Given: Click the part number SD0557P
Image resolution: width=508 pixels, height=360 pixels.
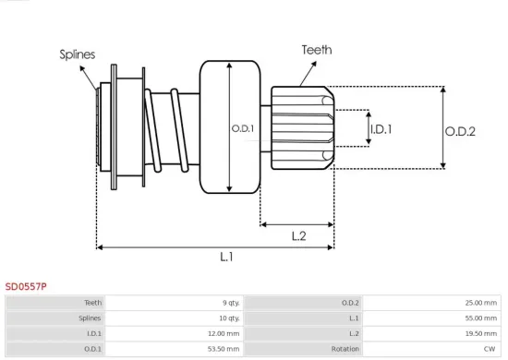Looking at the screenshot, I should [26, 286].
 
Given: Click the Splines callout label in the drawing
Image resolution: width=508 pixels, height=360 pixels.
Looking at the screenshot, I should [77, 54].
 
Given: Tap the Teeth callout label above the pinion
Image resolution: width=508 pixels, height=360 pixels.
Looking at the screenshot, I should [317, 50].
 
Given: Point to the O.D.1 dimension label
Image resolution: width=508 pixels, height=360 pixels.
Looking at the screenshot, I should [242, 127].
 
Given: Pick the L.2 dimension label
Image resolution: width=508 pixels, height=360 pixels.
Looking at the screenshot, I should [298, 235].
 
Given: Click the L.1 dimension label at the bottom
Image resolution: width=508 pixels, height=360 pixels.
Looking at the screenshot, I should [226, 258].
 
